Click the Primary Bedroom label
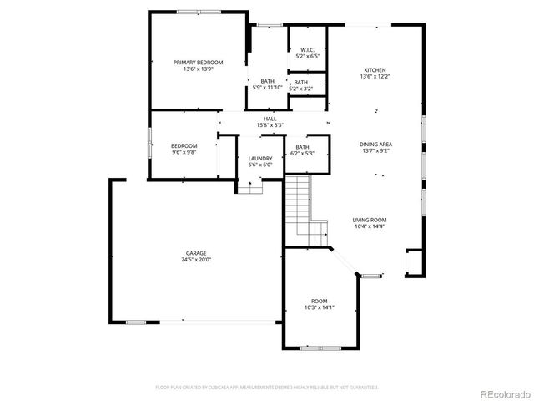199,63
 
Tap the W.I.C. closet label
304,50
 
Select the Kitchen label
375,70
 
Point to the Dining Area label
375,145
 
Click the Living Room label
370,219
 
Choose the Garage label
196,253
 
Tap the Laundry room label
260,158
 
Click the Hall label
270,119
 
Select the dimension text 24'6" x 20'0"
196,260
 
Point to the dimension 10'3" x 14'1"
320,307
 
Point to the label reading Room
320,301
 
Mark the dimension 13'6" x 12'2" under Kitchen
375,77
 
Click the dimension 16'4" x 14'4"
370,226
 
